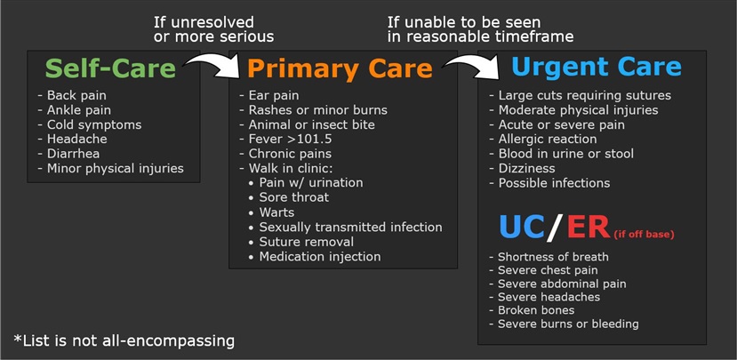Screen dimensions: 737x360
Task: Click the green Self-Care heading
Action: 110,68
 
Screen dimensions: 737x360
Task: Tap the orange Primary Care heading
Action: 340,68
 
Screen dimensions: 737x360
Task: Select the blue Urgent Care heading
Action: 597,67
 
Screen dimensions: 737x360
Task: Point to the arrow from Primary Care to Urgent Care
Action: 471,65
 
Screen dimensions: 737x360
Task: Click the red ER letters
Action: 589,228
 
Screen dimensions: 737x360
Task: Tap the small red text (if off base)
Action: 644,234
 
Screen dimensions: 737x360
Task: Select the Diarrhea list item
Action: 68,154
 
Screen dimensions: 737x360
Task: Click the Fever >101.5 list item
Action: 284,140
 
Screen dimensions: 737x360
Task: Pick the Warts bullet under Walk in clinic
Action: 272,212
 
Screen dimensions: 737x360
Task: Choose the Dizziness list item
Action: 522,168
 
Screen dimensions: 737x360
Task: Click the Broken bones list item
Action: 532,310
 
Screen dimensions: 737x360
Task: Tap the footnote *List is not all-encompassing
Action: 124,340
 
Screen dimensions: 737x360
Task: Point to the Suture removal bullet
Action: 301,242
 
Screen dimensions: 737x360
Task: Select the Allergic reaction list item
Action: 543,140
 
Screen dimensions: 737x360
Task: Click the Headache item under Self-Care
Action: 72,140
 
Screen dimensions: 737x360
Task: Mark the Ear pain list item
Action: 268,95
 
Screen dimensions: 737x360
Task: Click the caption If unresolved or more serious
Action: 214,29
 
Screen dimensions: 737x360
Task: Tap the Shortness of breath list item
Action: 549,257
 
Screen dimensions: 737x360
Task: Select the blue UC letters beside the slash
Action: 522,228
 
